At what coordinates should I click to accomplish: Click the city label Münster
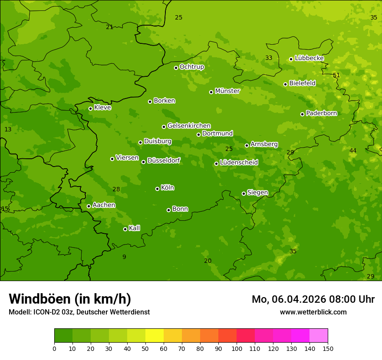point(227,91)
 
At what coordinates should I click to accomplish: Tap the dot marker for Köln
point(157,189)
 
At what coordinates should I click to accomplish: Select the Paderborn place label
point(322,113)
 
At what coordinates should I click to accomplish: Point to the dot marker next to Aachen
point(89,206)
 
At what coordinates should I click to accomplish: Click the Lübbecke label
point(309,58)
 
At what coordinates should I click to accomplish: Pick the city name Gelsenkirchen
point(189,126)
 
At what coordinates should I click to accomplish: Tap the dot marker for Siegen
point(244,193)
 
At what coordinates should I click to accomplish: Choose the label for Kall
point(135,228)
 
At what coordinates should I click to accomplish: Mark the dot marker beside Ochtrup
point(176,68)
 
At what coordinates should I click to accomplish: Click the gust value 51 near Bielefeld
point(336,75)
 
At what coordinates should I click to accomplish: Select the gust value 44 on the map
point(353,151)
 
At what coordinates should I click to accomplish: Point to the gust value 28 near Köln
point(116,189)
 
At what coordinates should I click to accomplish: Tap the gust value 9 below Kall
point(124,257)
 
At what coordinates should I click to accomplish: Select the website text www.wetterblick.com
point(313,312)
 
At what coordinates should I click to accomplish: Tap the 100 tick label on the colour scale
point(237,348)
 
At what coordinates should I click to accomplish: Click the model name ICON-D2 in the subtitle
point(47,312)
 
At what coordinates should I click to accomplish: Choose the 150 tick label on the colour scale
point(328,348)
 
